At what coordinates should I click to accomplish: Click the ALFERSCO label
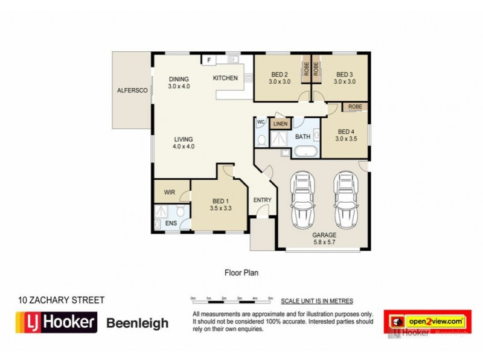point(132,91)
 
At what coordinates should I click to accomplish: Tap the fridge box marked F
point(209,60)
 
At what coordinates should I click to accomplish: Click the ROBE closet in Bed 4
point(355,107)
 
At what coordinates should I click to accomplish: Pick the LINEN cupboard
point(280,124)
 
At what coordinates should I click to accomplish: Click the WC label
point(261,122)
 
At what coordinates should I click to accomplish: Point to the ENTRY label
point(262,200)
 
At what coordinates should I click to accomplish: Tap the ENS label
point(171,223)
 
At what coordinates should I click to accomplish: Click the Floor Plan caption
point(241,272)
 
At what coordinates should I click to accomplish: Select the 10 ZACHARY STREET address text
point(62,300)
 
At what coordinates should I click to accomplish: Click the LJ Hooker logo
point(56,323)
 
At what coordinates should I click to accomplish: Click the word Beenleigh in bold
point(138,323)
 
